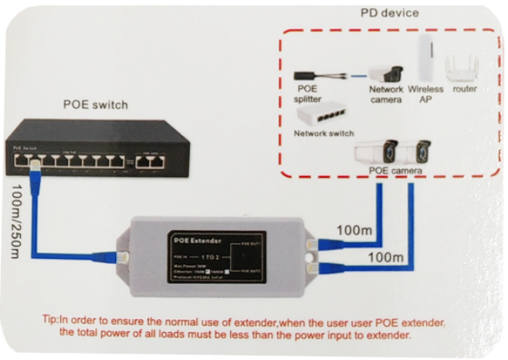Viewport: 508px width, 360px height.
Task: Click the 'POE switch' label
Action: tap(95, 104)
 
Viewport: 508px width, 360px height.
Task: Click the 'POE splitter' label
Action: tap(308, 94)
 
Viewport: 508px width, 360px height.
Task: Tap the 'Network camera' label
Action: tap(385, 94)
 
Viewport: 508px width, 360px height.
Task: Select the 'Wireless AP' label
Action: tap(425, 94)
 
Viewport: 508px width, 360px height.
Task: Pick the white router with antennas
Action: tap(463, 68)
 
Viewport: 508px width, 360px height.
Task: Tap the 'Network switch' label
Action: tap(324, 133)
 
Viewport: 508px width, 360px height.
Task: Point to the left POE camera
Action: tap(377, 152)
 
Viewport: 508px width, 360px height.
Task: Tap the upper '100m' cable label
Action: tap(354, 231)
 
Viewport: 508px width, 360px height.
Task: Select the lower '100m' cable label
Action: tap(385, 259)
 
